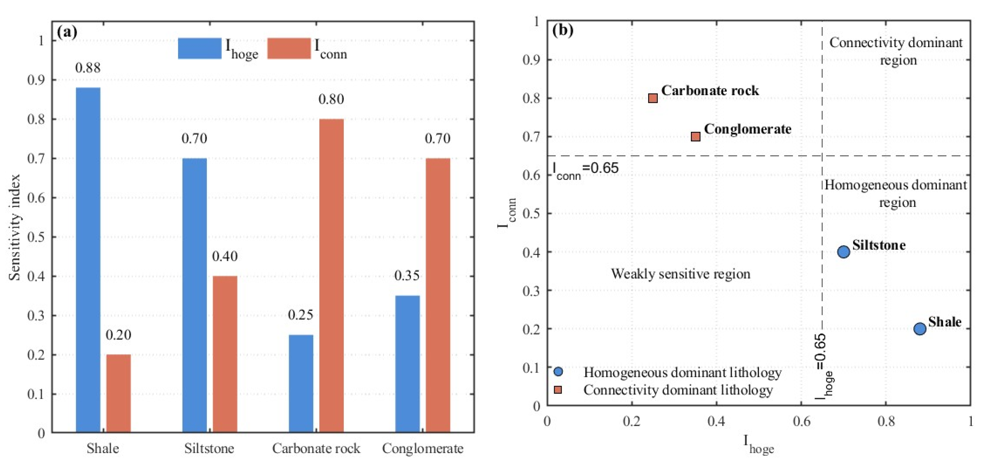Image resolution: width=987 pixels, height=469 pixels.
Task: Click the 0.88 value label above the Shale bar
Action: click(x=88, y=68)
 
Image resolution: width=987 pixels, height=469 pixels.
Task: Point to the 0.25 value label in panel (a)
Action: click(x=300, y=315)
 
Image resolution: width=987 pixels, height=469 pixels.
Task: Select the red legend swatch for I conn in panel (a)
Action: click(x=289, y=48)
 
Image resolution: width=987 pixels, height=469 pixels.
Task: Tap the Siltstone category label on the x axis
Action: click(x=209, y=448)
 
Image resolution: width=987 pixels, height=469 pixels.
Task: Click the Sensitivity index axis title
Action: click(x=15, y=227)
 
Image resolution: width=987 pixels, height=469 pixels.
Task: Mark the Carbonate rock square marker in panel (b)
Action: click(x=653, y=98)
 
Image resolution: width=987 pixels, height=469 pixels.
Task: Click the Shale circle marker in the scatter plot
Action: click(x=920, y=329)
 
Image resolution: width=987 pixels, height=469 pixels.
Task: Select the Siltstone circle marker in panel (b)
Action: click(x=843, y=252)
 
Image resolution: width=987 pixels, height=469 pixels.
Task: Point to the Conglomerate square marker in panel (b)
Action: click(x=695, y=137)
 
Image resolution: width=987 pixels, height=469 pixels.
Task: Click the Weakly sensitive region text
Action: click(x=680, y=274)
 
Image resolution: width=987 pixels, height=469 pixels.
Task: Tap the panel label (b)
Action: click(x=562, y=30)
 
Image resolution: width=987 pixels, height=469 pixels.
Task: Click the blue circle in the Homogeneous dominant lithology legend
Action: click(x=558, y=371)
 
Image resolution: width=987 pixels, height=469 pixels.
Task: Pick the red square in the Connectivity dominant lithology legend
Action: click(x=558, y=390)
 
